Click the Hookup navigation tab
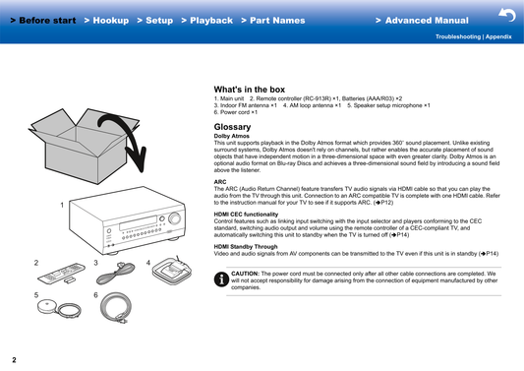tap(106, 21)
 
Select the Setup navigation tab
tap(155, 21)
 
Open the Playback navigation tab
tap(206, 21)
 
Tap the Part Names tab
tap(273, 21)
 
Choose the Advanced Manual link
tap(422, 21)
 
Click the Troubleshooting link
tap(458, 36)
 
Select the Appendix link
tap(498, 36)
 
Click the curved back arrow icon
tap(507, 15)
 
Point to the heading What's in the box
tap(250, 90)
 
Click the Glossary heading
tap(232, 127)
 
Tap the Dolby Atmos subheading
tap(232, 136)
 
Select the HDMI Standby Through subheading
tap(246, 247)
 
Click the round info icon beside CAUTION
tap(221, 279)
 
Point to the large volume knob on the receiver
tap(174, 217)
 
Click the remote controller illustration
tap(62, 274)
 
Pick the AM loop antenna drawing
tap(172, 271)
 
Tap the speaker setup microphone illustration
tap(59, 308)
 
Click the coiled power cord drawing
tap(116, 307)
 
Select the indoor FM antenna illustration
tap(116, 273)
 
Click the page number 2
tap(14, 360)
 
